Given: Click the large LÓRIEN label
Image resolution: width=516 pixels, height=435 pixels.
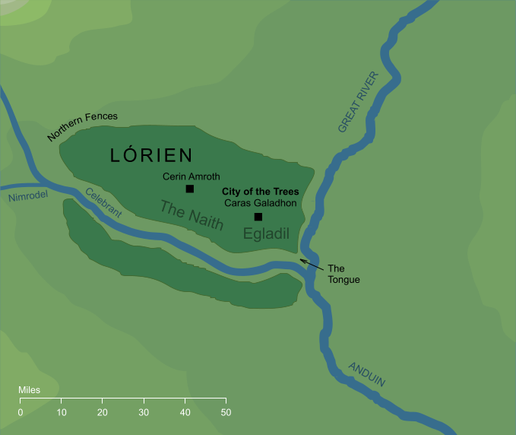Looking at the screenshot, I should pyautogui.click(x=152, y=156).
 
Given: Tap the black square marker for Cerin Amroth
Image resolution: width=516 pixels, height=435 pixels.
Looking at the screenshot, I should pyautogui.click(x=189, y=189).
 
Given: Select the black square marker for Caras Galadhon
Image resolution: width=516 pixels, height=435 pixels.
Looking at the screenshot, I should pyautogui.click(x=258, y=217).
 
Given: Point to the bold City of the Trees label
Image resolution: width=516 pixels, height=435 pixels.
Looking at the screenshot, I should pyautogui.click(x=260, y=192).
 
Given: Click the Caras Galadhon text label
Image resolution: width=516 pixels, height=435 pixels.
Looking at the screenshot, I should pyautogui.click(x=260, y=204).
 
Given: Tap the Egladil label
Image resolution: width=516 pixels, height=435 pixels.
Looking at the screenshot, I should pyautogui.click(x=267, y=234).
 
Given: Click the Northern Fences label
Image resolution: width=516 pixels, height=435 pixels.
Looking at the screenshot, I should pyautogui.click(x=82, y=127).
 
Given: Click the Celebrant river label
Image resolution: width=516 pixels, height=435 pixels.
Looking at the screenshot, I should pyautogui.click(x=103, y=203).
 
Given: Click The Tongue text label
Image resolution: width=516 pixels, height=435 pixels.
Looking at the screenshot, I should pyautogui.click(x=343, y=274).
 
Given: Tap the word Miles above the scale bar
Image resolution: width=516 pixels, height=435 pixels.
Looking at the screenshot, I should pyautogui.click(x=30, y=390).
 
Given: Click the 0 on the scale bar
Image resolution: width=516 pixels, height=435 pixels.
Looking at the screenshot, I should pyautogui.click(x=21, y=412).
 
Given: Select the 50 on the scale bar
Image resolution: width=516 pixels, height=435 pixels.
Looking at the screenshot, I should pyautogui.click(x=226, y=412).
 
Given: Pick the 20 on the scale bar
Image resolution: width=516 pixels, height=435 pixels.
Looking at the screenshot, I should pyautogui.click(x=103, y=412).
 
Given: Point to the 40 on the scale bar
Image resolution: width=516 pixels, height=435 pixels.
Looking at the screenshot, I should pyautogui.click(x=185, y=412).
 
